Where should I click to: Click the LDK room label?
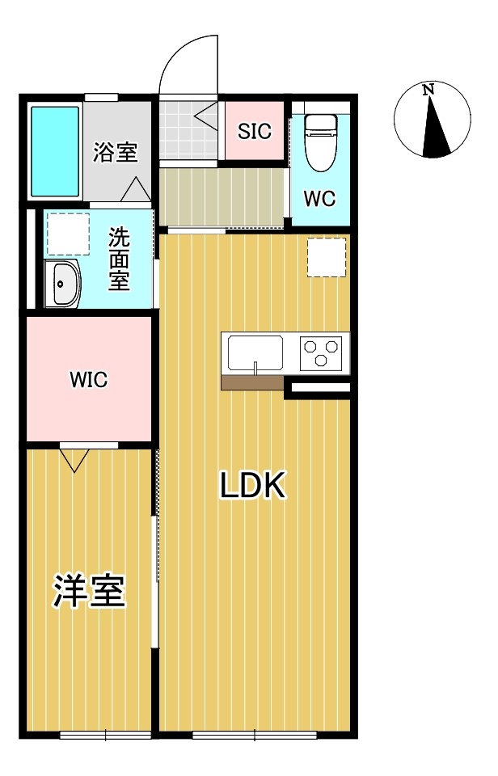click(x=252, y=486)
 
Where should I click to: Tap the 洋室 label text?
click(x=89, y=591)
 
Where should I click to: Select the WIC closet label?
click(x=88, y=380)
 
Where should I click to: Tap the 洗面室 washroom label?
click(x=119, y=259)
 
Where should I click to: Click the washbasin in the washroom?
click(x=61, y=285)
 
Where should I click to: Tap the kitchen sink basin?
click(x=255, y=353)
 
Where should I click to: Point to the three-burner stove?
click(x=321, y=353)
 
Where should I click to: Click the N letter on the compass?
click(x=429, y=91)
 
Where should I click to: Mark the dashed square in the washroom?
click(x=67, y=233)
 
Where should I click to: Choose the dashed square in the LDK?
click(x=327, y=258)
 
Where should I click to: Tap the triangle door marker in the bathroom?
click(x=135, y=189)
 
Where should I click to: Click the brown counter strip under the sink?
click(x=252, y=382)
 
